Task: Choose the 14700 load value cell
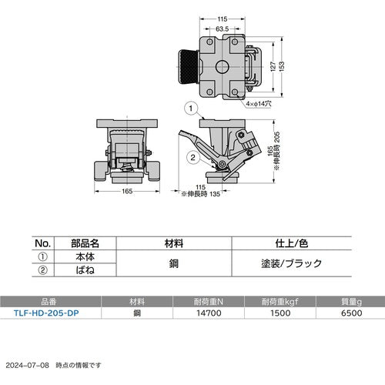(x=209, y=313)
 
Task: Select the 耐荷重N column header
(x=209, y=301)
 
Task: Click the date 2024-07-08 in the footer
(x=27, y=364)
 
